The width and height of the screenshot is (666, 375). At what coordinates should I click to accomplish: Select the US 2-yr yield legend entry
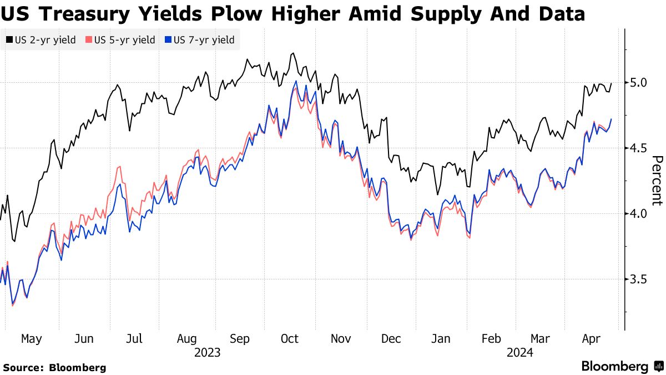pyautogui.click(x=41, y=40)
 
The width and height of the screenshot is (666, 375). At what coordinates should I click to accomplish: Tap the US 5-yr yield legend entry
pyautogui.click(x=120, y=40)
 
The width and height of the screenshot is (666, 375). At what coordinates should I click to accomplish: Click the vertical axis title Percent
pyautogui.click(x=656, y=181)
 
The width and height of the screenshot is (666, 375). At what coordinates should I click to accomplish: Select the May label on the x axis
pyautogui.click(x=31, y=339)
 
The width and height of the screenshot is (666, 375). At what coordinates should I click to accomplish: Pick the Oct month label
pyautogui.click(x=290, y=339)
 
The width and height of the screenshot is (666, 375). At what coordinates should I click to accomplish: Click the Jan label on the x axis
pyautogui.click(x=441, y=339)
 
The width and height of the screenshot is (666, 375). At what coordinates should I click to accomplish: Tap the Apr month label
pyautogui.click(x=592, y=339)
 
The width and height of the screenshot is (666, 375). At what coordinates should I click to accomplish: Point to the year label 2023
pyautogui.click(x=207, y=353)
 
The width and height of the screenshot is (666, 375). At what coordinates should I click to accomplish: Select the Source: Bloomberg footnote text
pyautogui.click(x=54, y=368)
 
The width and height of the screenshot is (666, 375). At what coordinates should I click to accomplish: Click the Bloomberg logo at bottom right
pyautogui.click(x=622, y=367)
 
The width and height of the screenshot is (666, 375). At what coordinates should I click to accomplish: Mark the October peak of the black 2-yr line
pyautogui.click(x=292, y=53)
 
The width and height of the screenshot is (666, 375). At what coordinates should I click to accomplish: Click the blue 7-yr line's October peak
pyautogui.click(x=296, y=82)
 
